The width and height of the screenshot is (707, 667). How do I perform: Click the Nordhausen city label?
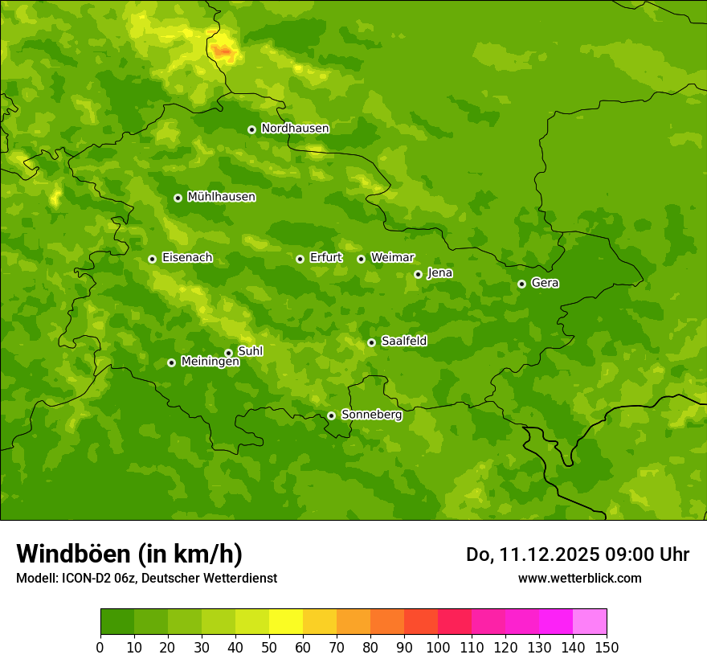(x=295, y=129)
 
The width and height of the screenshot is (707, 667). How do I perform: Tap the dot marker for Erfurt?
(x=300, y=259)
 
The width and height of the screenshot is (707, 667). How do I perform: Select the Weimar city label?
(x=392, y=258)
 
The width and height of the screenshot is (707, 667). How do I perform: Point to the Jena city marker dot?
(x=418, y=274)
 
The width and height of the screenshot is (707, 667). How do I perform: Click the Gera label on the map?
(x=545, y=283)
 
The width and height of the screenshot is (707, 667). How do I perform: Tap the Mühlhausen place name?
(x=221, y=197)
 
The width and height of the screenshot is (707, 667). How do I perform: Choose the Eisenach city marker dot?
(x=152, y=259)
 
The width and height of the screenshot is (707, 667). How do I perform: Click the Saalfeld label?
(x=403, y=342)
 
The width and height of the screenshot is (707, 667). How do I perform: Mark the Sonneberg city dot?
(x=331, y=415)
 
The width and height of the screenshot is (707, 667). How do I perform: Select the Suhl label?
(x=250, y=351)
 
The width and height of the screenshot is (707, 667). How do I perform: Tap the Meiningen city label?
(x=210, y=362)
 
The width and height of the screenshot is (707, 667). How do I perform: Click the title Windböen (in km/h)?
(x=129, y=554)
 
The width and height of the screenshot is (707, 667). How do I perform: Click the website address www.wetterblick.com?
(x=579, y=578)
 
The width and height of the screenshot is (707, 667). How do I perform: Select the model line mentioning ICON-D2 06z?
(x=146, y=578)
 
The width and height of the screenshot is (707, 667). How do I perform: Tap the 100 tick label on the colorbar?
(x=438, y=647)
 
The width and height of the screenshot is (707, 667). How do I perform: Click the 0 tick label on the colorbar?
(x=100, y=647)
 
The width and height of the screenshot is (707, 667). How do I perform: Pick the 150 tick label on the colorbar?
(x=607, y=647)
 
